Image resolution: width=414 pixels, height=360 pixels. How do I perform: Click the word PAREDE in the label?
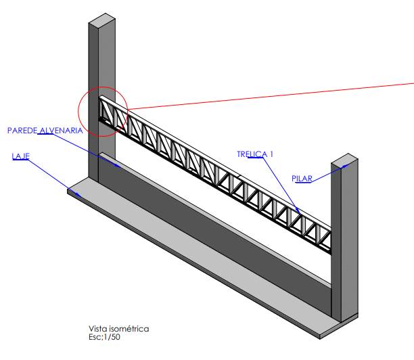pos(22,131)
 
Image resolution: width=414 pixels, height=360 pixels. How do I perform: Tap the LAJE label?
pos(20,156)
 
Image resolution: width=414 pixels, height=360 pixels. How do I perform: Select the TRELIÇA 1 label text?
pos(255,154)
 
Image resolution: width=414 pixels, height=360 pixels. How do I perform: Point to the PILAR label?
pos(302,179)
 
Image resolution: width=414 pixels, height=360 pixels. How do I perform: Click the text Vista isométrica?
pos(119,329)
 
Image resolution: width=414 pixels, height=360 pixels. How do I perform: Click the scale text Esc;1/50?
pos(104,337)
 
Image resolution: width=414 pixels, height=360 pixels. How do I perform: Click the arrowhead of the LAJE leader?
pos(78,195)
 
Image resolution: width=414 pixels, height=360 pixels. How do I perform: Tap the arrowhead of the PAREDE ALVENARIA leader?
pos(118,166)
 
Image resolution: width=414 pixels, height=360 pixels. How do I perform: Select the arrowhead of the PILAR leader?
pos(346,166)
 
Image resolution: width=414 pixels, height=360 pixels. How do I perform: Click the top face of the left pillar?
pos(102,20)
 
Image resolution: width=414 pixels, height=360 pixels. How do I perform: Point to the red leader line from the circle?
pos(271,96)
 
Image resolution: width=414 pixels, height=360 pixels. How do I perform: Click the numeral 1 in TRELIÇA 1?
pos(271,154)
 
